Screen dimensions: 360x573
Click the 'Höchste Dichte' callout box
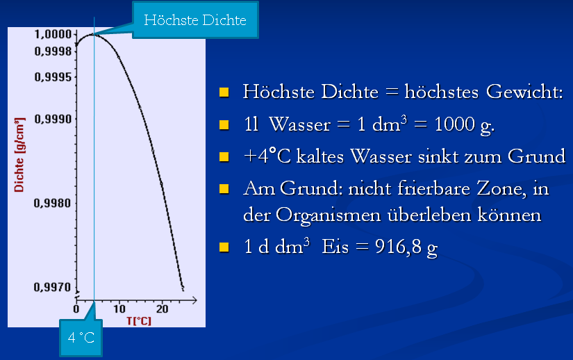click(x=195, y=20)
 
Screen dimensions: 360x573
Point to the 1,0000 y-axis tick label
click(x=53, y=33)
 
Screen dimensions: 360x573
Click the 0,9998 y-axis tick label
click(x=53, y=51)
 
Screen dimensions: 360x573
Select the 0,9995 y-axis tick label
click(x=53, y=77)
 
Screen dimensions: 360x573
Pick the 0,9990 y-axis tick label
click(x=53, y=120)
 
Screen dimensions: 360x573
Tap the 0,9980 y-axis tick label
click(x=53, y=204)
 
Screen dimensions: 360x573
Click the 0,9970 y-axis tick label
click(x=53, y=287)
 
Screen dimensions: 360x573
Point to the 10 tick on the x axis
click(x=119, y=309)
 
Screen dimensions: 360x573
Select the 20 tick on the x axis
click(x=162, y=309)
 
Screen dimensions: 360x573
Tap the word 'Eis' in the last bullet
click(x=335, y=247)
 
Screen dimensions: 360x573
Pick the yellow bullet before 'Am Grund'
click(x=224, y=188)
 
